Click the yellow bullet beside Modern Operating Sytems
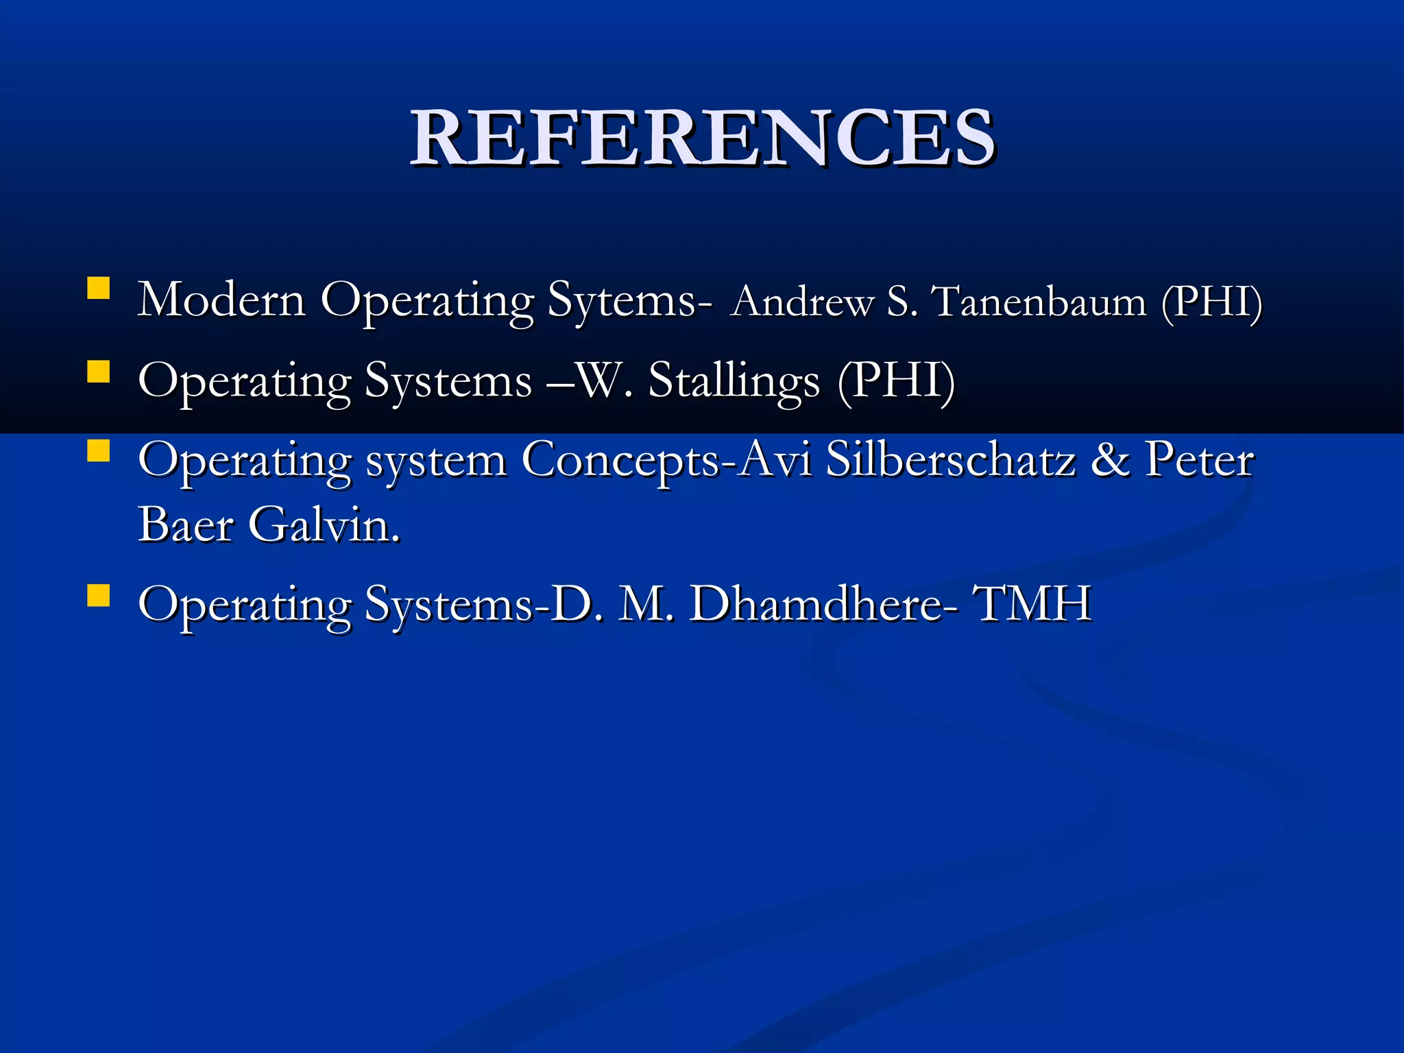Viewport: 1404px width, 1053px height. [x=99, y=288]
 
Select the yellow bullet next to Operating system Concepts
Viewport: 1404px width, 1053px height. [x=99, y=450]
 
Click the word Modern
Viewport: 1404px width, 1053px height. [x=221, y=300]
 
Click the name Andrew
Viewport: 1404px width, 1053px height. [x=802, y=302]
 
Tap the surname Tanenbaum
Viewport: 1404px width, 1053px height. [x=1041, y=302]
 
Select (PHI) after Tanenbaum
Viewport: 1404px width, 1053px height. [x=1212, y=302]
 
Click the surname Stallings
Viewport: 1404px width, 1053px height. [x=734, y=381]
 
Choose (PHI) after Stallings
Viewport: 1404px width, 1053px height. [x=897, y=381]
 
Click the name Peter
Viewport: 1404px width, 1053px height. [x=1200, y=459]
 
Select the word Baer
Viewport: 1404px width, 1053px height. [x=186, y=525]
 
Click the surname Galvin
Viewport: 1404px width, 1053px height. [x=324, y=525]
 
